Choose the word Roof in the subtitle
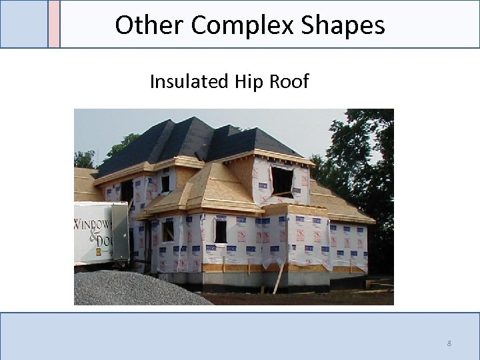(288, 82)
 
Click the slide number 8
(449, 343)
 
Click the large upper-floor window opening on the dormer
(282, 181)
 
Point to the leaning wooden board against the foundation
(279, 279)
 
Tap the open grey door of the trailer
(121, 232)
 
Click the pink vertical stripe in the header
(54, 24)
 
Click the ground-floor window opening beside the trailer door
(167, 231)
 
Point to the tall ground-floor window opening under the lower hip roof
(220, 231)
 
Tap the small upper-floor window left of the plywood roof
(165, 183)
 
